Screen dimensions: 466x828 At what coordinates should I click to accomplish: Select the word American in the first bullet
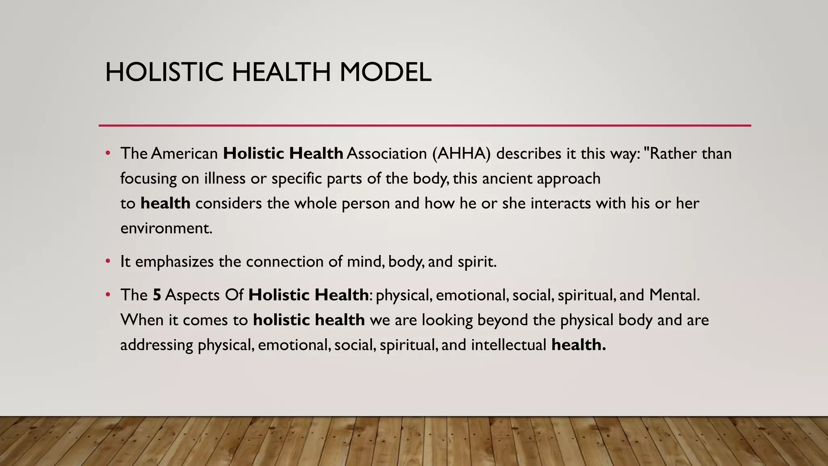[184, 154]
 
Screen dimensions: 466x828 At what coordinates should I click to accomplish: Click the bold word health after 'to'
[165, 203]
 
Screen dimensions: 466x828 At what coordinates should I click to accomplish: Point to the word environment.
[166, 229]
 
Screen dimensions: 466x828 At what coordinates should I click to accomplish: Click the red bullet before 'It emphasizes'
[108, 261]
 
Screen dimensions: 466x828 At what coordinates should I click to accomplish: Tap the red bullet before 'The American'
[108, 153]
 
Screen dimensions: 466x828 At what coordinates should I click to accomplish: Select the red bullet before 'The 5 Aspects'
[108, 294]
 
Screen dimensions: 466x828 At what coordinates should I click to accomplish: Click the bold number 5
[157, 295]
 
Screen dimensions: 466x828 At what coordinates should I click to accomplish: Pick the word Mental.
[674, 295]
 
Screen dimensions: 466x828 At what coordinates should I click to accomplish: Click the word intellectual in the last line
[509, 345]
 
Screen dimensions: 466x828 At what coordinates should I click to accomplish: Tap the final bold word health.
[579, 345]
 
